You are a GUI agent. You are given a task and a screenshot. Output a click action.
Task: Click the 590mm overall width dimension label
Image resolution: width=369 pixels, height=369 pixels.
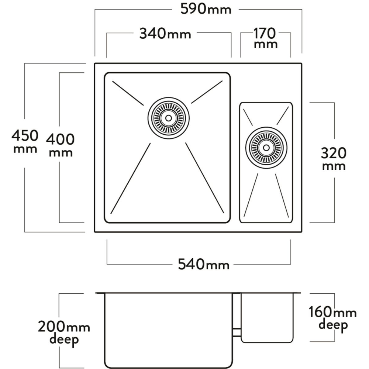pos(206,9)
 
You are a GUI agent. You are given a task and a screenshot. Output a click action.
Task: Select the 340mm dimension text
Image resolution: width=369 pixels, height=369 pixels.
pos(165,34)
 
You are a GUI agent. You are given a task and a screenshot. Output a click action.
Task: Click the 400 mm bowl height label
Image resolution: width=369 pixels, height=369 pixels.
pos(60,145)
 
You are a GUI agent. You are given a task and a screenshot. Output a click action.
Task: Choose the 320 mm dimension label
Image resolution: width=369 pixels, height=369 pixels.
pos(334,158)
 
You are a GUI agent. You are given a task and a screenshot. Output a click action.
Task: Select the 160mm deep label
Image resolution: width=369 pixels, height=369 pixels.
pos(333,319)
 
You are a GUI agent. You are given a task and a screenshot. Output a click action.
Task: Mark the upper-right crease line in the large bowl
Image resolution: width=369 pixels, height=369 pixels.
pos(207,92)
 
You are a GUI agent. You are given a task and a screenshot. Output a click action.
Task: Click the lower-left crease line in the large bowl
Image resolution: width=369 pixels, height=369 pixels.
pos(131,179)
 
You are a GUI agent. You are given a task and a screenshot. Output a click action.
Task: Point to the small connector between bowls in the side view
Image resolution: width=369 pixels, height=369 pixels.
pos(237,332)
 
